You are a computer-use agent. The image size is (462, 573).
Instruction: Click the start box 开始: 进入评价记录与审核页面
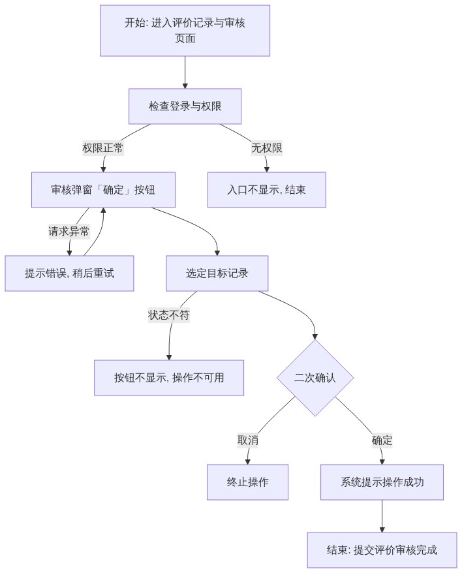185,31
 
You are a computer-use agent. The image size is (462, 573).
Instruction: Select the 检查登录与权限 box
185,106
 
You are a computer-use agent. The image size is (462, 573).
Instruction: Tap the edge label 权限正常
103,148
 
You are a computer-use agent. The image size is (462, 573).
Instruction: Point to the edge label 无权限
267,148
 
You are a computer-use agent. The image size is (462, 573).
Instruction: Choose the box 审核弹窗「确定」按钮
104,190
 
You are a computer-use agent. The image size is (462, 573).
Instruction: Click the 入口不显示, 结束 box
267,190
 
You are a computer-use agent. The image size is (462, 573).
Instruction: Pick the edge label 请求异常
69,232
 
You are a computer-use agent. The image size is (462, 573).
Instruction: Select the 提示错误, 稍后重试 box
69,273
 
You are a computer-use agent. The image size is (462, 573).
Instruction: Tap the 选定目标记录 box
217,273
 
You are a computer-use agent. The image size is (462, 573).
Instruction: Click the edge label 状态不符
169,315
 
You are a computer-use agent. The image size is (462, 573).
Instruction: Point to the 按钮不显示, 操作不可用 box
169,378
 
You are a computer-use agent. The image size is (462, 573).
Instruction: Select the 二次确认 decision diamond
315,378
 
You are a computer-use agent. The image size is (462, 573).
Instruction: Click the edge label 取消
248,441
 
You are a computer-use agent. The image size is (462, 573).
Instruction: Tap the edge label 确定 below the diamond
382,441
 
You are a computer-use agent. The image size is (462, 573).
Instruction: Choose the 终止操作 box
248,482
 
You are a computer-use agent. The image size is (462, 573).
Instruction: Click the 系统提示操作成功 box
382,482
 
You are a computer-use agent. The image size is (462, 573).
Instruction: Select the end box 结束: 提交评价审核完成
382,550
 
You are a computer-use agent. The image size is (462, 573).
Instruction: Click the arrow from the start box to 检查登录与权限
185,72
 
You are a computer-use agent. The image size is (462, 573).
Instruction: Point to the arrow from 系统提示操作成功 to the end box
382,516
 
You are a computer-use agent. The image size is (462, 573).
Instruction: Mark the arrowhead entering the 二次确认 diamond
315,337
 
